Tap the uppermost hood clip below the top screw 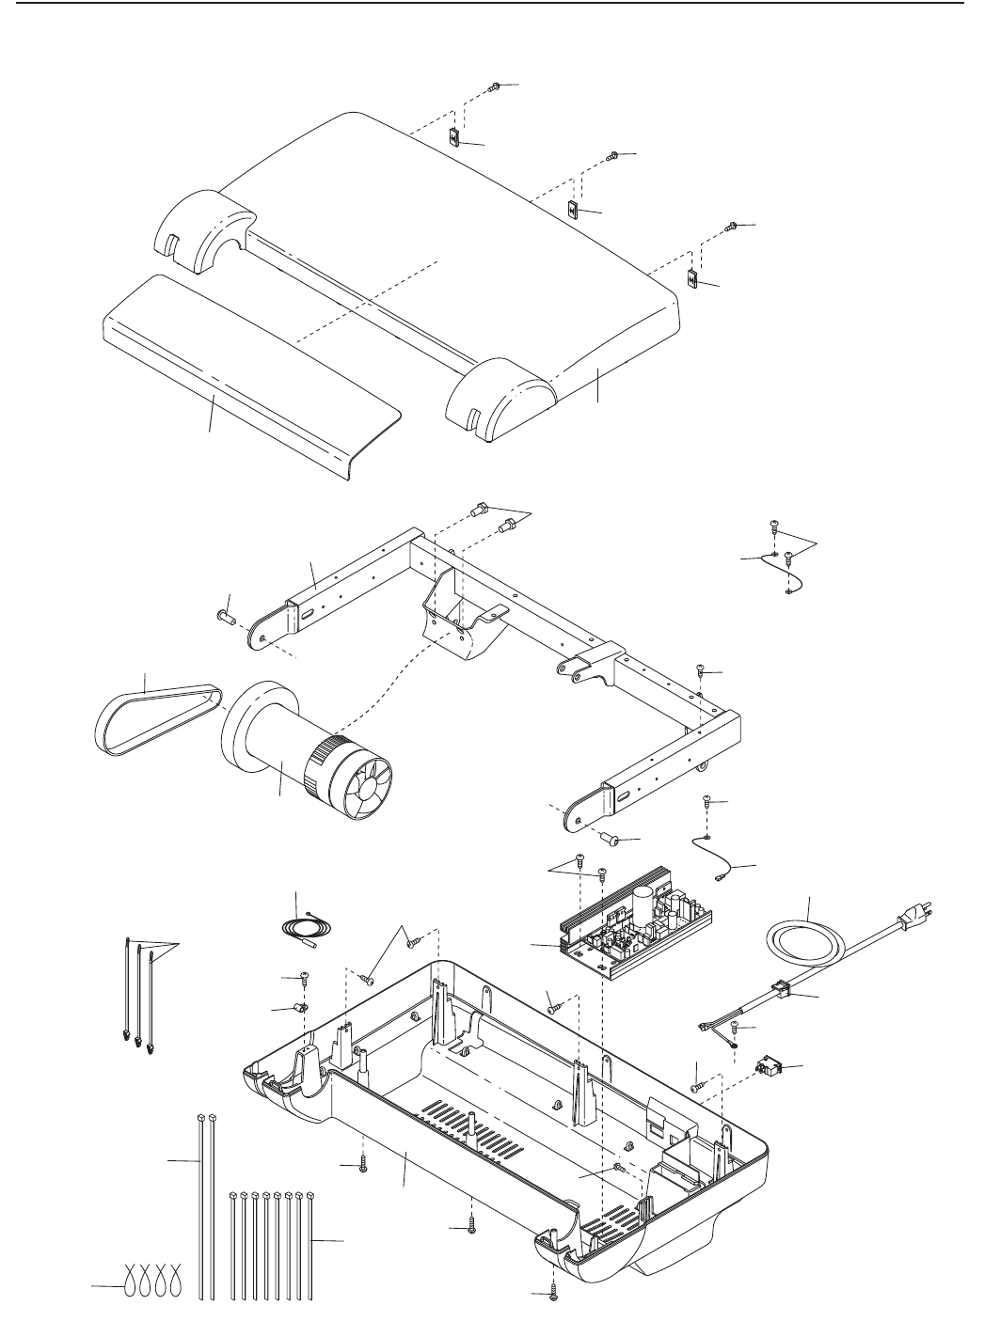pos(453,138)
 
